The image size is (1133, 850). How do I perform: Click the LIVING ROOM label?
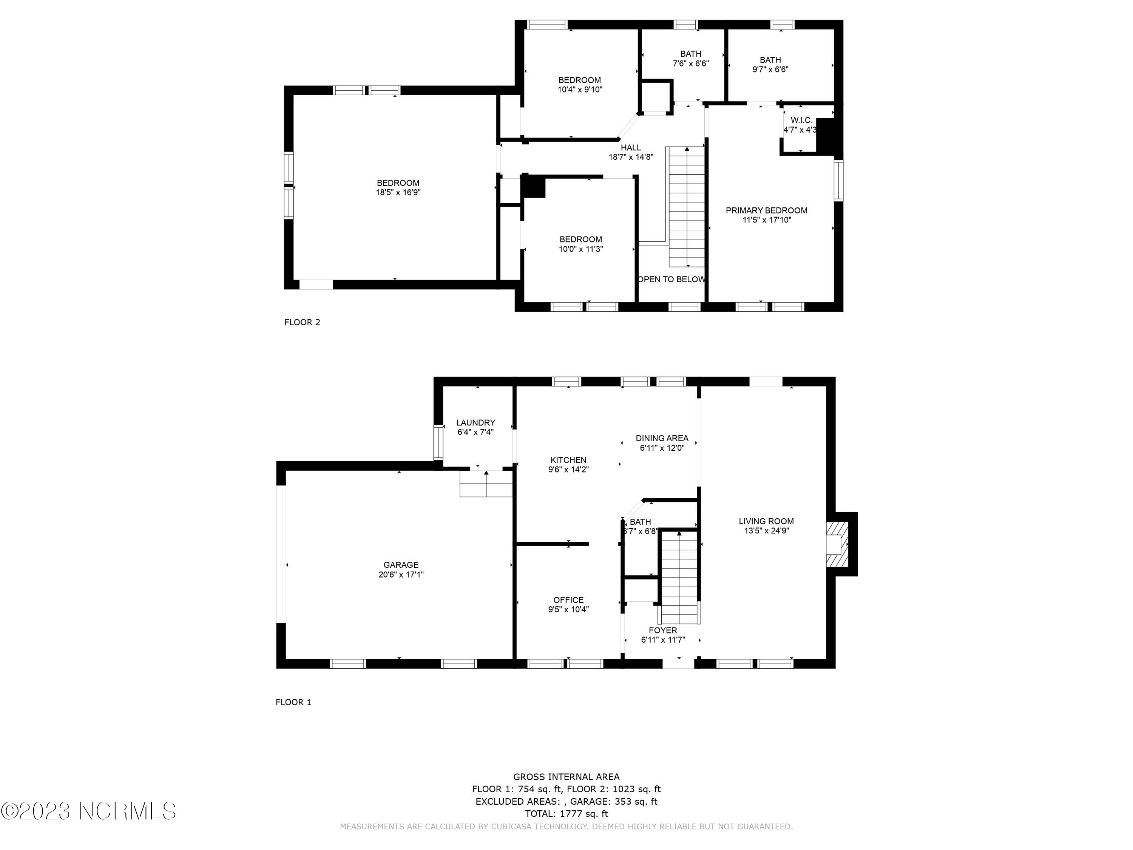click(766, 521)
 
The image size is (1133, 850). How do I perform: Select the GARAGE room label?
click(401, 565)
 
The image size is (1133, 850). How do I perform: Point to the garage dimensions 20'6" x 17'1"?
click(401, 574)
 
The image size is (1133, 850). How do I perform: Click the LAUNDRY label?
click(476, 423)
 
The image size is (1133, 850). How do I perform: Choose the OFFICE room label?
click(568, 600)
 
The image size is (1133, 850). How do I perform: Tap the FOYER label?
click(663, 630)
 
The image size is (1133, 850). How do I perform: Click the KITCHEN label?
click(568, 460)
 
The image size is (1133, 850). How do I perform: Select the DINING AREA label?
click(662, 438)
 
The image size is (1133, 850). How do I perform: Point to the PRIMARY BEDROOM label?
click(767, 210)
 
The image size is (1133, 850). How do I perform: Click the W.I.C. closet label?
click(802, 120)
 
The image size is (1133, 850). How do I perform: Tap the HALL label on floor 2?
click(631, 148)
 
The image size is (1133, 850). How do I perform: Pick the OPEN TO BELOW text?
click(671, 279)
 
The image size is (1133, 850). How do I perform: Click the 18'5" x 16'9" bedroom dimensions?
click(398, 193)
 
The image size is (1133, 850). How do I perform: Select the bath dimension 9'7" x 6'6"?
click(770, 70)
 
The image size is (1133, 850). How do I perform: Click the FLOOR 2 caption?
click(302, 322)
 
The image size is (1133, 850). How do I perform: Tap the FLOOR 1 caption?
click(293, 702)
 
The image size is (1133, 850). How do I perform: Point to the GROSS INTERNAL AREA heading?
click(566, 777)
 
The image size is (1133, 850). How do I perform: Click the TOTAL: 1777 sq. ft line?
click(566, 814)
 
